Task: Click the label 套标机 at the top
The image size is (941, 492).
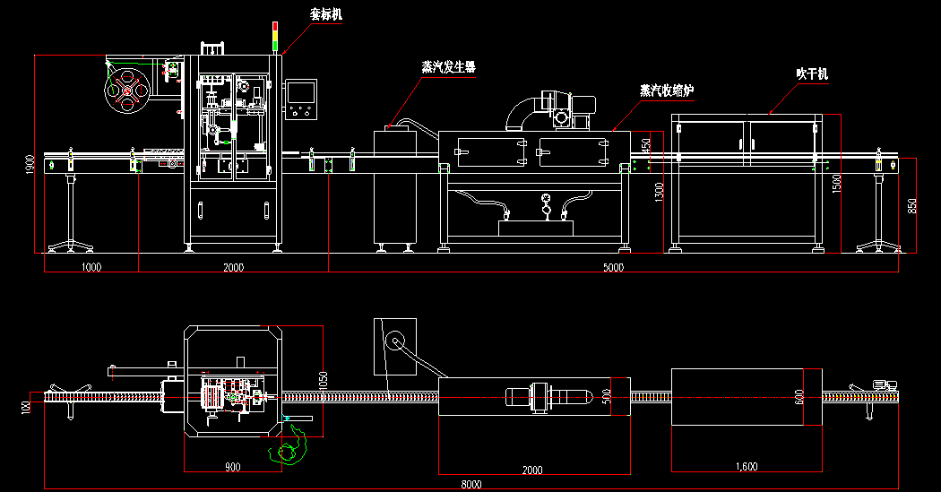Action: click(325, 15)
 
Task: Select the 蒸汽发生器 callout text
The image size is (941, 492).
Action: click(448, 67)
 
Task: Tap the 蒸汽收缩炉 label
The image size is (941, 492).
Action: click(667, 91)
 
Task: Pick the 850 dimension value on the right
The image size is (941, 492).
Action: click(912, 205)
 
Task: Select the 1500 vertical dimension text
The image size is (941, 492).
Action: click(836, 184)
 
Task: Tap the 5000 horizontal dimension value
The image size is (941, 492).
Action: click(613, 267)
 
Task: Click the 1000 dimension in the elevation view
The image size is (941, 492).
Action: click(91, 267)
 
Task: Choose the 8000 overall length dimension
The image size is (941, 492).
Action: click(471, 485)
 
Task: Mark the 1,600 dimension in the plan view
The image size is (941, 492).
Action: click(747, 467)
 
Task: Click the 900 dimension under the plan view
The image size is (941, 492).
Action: click(232, 467)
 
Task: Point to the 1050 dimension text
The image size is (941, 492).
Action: click(324, 380)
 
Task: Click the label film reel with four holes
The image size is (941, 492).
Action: click(126, 91)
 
